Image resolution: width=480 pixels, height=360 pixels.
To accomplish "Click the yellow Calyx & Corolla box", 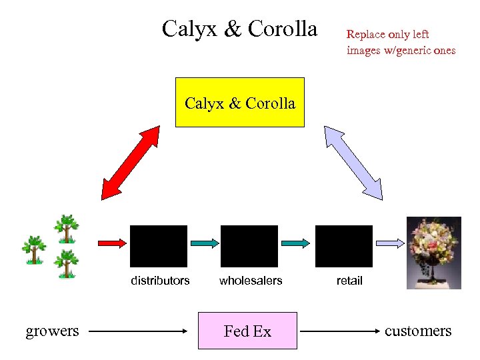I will point(239,103).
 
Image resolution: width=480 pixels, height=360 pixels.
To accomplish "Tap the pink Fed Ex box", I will point(247,331).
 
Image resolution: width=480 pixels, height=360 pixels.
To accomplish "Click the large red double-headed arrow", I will point(131,163).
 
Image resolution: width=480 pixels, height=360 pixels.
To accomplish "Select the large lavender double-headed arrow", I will point(353,163).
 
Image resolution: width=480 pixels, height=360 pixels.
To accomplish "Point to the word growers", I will point(52,331).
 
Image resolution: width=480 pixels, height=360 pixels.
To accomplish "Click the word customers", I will point(418,331).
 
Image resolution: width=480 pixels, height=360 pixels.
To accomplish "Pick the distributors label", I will point(160,281).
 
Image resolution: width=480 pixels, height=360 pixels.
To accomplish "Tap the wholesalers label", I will point(251,281).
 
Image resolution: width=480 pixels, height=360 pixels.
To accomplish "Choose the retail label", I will point(349,281).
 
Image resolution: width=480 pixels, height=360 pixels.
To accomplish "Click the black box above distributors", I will point(159,246).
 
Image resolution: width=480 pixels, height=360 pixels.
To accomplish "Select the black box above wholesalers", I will point(249,246).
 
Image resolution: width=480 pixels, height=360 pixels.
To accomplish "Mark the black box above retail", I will point(344,246).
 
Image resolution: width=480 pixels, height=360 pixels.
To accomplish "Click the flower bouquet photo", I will point(434,253).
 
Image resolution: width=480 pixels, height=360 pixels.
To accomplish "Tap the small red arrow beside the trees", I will point(111,243).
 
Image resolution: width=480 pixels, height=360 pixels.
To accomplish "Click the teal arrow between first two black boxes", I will point(204,243).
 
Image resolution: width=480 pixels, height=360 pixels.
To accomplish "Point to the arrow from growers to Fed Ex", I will point(140,331).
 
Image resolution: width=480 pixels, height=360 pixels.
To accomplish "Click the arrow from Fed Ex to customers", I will point(340,331).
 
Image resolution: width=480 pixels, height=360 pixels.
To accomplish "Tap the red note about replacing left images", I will point(401,42).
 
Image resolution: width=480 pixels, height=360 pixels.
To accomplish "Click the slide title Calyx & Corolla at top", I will point(239,29).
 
